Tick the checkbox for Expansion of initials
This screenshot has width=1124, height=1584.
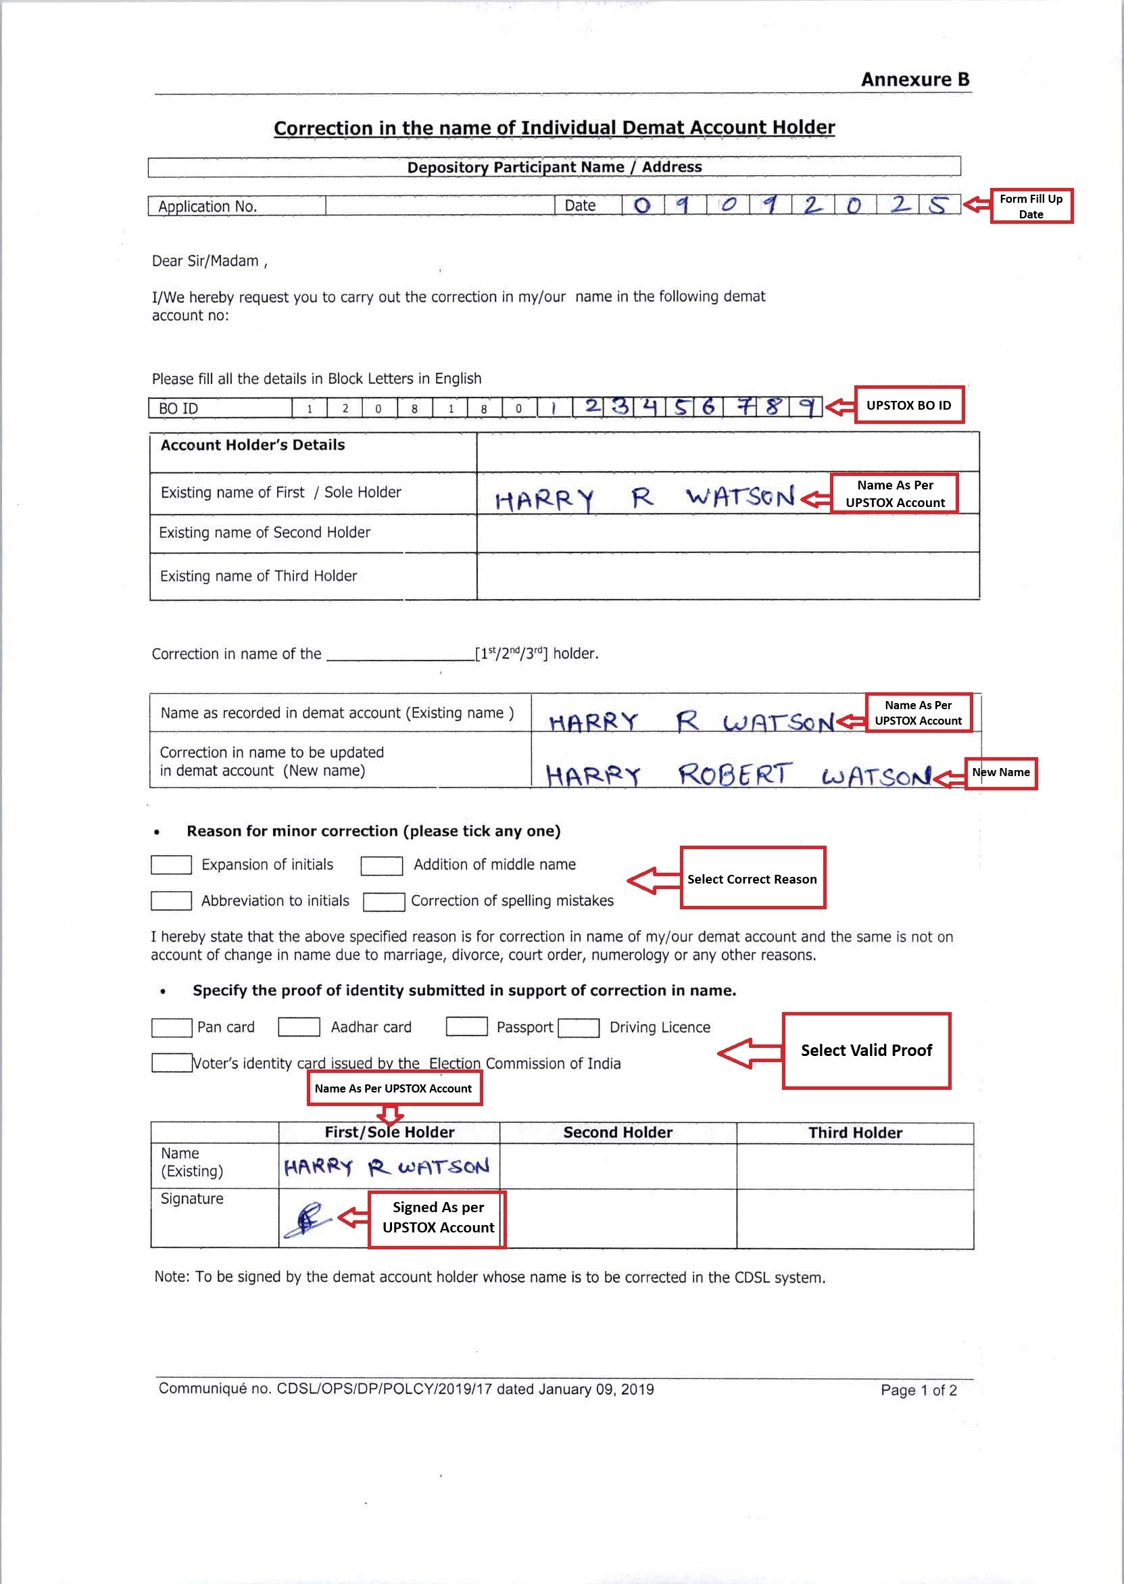[171, 865]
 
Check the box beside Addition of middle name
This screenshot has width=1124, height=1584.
[381, 865]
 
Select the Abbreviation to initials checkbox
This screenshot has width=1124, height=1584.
[171, 901]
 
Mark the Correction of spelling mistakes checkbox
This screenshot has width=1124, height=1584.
[383, 901]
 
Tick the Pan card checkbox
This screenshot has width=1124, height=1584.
[171, 1028]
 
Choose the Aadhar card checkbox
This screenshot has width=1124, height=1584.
[298, 1027]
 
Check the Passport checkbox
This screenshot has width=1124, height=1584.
[466, 1026]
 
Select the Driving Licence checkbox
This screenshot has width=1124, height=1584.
[578, 1028]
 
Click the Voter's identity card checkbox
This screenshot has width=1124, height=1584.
[171, 1063]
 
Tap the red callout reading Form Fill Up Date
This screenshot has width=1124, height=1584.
[1031, 206]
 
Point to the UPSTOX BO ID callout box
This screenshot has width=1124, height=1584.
[908, 405]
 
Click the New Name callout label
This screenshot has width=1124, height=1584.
[1001, 773]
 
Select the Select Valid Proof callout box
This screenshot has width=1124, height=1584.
[866, 1051]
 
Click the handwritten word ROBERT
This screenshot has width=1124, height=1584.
[733, 775]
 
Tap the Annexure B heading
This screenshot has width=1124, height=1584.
[914, 80]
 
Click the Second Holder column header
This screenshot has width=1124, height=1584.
[617, 1132]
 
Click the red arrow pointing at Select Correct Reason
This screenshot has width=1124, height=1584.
[653, 881]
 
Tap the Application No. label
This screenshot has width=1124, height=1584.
[207, 206]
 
